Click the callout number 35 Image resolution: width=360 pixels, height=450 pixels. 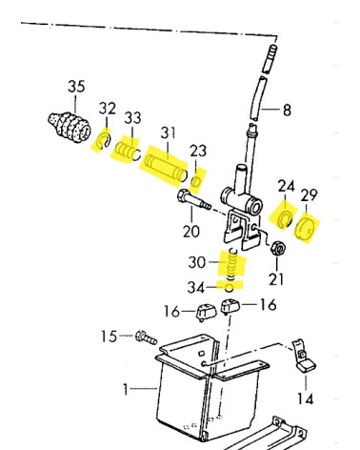76,87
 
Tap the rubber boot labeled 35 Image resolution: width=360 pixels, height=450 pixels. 70,127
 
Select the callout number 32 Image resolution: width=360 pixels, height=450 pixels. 108,109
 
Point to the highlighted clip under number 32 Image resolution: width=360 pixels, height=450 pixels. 104,141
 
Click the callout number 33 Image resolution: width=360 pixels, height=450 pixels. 132,118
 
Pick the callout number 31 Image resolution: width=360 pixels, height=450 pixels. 168,133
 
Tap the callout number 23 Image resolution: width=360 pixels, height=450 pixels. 198,151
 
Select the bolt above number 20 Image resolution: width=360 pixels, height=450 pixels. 194,200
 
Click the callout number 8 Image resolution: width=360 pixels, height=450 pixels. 287,110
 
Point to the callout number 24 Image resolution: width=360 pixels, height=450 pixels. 287,186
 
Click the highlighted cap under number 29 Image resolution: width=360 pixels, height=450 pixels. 305,229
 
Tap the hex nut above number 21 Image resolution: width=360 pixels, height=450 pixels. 278,248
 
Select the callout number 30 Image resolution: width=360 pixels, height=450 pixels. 197,262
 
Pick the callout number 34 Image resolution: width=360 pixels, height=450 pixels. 196,288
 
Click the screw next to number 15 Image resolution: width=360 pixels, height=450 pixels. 146,337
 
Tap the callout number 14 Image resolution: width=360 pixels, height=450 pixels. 305,399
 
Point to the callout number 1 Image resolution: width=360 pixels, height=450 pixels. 126,389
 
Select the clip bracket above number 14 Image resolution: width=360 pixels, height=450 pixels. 304,356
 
